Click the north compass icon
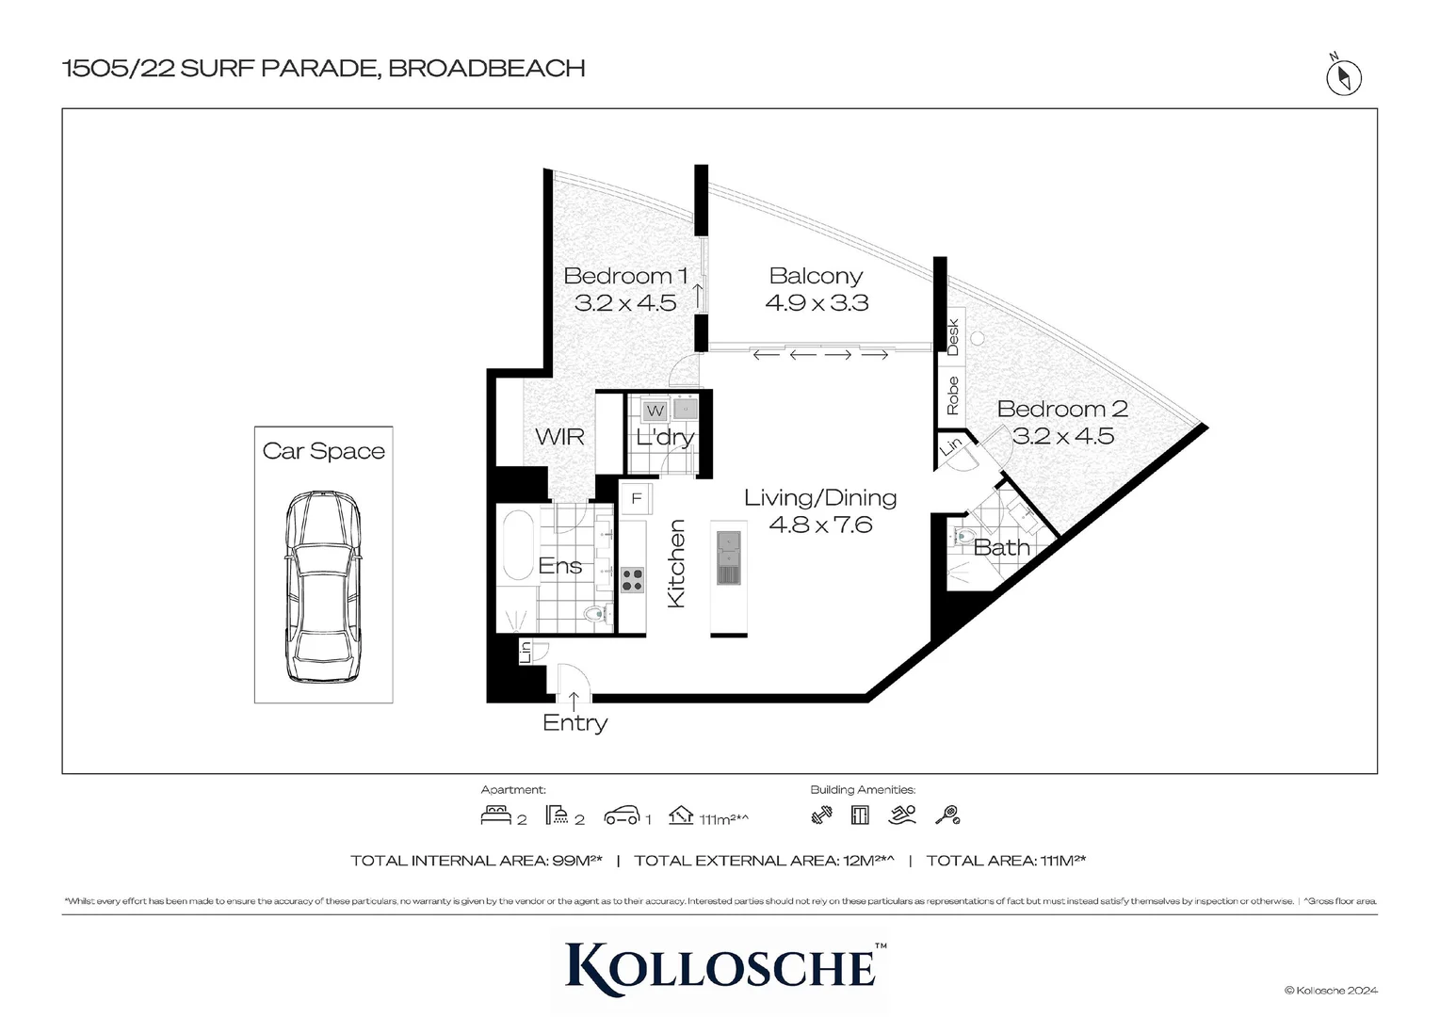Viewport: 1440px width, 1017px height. (x=1343, y=77)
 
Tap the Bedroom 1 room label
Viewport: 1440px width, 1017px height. (x=624, y=276)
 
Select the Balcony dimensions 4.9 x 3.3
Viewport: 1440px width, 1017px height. (x=817, y=303)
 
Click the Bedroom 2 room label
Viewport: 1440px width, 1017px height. (x=1061, y=409)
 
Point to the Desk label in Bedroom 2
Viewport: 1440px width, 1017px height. (x=952, y=337)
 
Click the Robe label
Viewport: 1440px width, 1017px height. (x=952, y=395)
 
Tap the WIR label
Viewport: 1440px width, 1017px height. (x=559, y=437)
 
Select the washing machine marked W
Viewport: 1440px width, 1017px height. (x=655, y=411)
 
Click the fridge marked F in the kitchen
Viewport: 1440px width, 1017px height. (x=637, y=498)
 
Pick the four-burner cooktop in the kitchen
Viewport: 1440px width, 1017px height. (x=632, y=579)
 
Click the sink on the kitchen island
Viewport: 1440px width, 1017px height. (x=729, y=557)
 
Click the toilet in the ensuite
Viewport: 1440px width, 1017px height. (x=593, y=615)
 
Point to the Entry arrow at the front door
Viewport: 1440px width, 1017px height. (x=574, y=700)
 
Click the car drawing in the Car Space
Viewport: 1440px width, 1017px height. (x=323, y=587)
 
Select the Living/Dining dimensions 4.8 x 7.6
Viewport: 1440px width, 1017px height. (x=820, y=525)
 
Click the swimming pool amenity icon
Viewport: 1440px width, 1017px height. (x=901, y=815)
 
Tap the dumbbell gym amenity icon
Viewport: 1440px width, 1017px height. (x=821, y=815)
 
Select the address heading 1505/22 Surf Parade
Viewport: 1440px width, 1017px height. (x=323, y=68)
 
